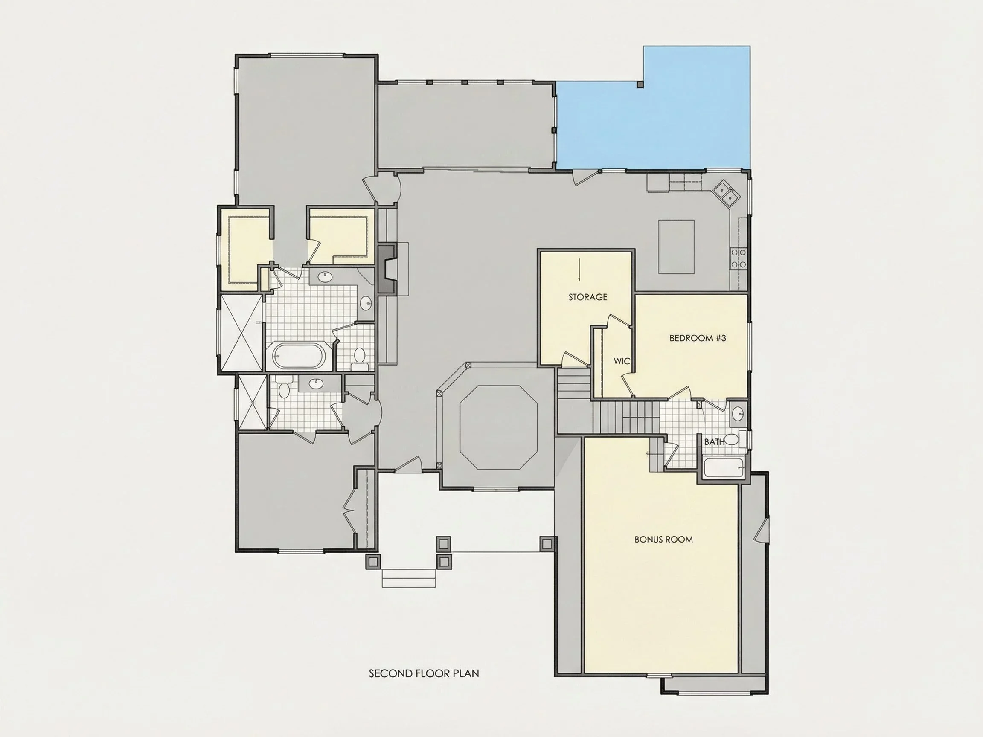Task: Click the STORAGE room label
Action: click(x=587, y=297)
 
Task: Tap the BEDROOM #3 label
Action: click(x=698, y=338)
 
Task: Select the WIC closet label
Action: click(x=622, y=361)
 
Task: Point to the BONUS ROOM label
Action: click(x=663, y=539)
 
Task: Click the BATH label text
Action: click(x=714, y=442)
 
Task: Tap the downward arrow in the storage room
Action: click(x=579, y=270)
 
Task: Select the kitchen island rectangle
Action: click(x=676, y=247)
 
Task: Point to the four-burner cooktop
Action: click(x=739, y=258)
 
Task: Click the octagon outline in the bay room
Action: click(x=498, y=427)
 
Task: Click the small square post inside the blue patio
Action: click(x=640, y=84)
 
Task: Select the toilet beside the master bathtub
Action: click(x=359, y=359)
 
